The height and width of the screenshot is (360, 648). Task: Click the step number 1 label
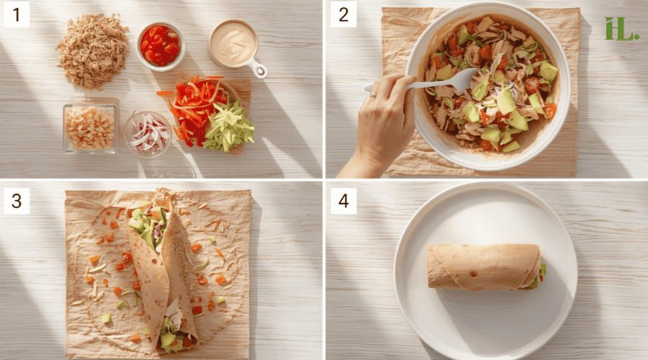pos(17,14)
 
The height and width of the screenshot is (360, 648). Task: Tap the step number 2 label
pos(343,14)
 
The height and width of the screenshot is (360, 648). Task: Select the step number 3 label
pos(17,201)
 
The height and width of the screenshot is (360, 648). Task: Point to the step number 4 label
pos(343,201)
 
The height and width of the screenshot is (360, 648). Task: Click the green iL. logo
pos(621,28)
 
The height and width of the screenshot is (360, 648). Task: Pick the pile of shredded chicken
pos(92,50)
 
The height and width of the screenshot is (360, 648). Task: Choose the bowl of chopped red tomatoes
pos(161,45)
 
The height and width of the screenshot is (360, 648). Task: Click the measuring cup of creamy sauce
pos(233,43)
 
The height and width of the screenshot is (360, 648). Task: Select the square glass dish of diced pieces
pos(90,127)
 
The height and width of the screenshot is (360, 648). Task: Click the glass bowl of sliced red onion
pos(147,133)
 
